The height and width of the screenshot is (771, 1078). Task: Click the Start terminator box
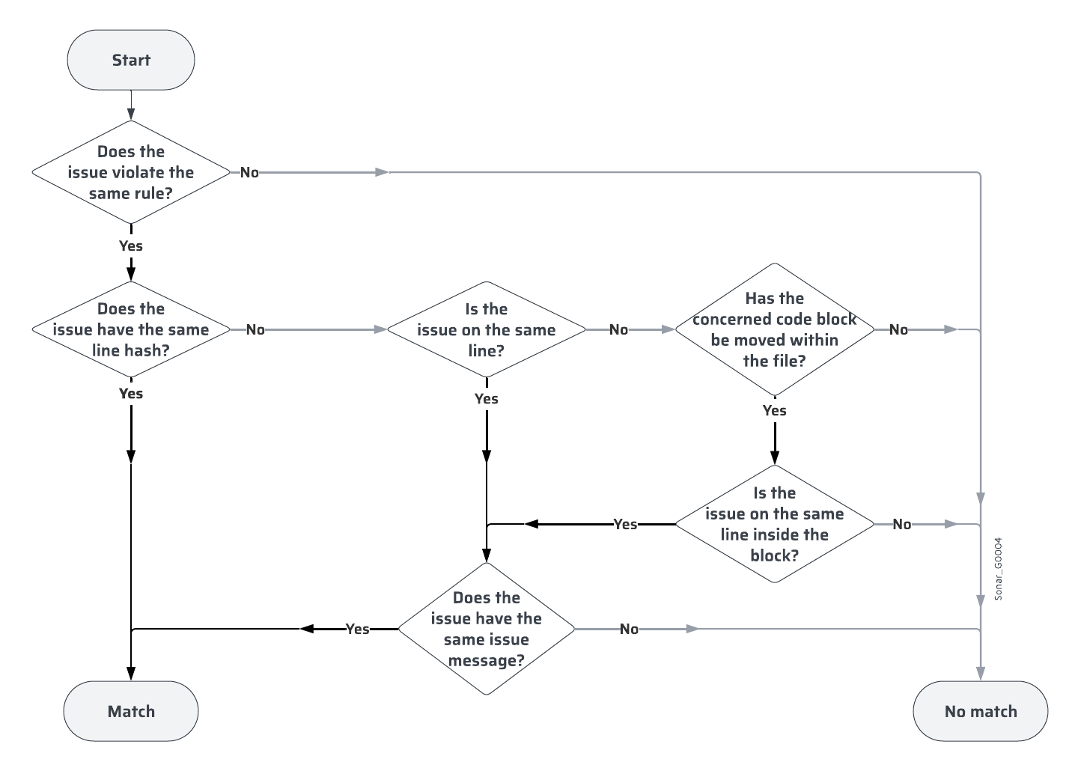pyautogui.click(x=131, y=60)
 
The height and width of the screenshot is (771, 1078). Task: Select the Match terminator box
pyautogui.click(x=131, y=711)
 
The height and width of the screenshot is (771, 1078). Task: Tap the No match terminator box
pyautogui.click(x=980, y=711)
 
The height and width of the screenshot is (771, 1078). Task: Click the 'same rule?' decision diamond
pyautogui.click(x=131, y=172)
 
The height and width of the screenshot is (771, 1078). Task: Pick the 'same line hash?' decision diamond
pyautogui.click(x=131, y=329)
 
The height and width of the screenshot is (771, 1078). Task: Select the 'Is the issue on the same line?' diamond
pyautogui.click(x=486, y=329)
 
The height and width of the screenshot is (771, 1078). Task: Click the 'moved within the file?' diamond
pyautogui.click(x=774, y=329)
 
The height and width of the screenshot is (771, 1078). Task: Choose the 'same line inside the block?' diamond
pyautogui.click(x=774, y=524)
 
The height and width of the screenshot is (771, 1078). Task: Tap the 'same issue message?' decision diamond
pyautogui.click(x=486, y=629)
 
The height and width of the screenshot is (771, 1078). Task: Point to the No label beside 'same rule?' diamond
pyautogui.click(x=249, y=172)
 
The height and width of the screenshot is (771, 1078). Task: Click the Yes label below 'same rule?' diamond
pyautogui.click(x=131, y=246)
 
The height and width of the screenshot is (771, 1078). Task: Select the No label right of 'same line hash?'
pyautogui.click(x=255, y=329)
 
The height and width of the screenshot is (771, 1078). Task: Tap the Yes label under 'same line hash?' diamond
pyautogui.click(x=131, y=393)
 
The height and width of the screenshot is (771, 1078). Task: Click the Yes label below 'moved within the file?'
pyautogui.click(x=774, y=410)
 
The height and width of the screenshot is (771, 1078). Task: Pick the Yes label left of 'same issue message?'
pyautogui.click(x=357, y=629)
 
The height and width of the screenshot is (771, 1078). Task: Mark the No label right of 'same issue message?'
pyautogui.click(x=629, y=629)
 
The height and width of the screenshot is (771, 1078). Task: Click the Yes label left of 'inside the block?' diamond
pyautogui.click(x=625, y=524)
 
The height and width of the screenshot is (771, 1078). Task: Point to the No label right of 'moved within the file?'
pyautogui.click(x=898, y=329)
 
